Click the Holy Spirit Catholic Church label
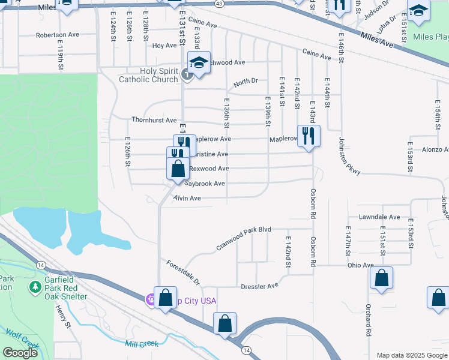148,75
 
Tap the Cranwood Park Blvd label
244,238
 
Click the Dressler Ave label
259,286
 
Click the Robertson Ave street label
58,35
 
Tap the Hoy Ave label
164,46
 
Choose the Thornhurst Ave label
154,120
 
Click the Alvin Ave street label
187,198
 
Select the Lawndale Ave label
379,217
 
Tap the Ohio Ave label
360,265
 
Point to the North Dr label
246,82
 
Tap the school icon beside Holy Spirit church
199,62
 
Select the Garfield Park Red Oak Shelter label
64,287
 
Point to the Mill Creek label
142,344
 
